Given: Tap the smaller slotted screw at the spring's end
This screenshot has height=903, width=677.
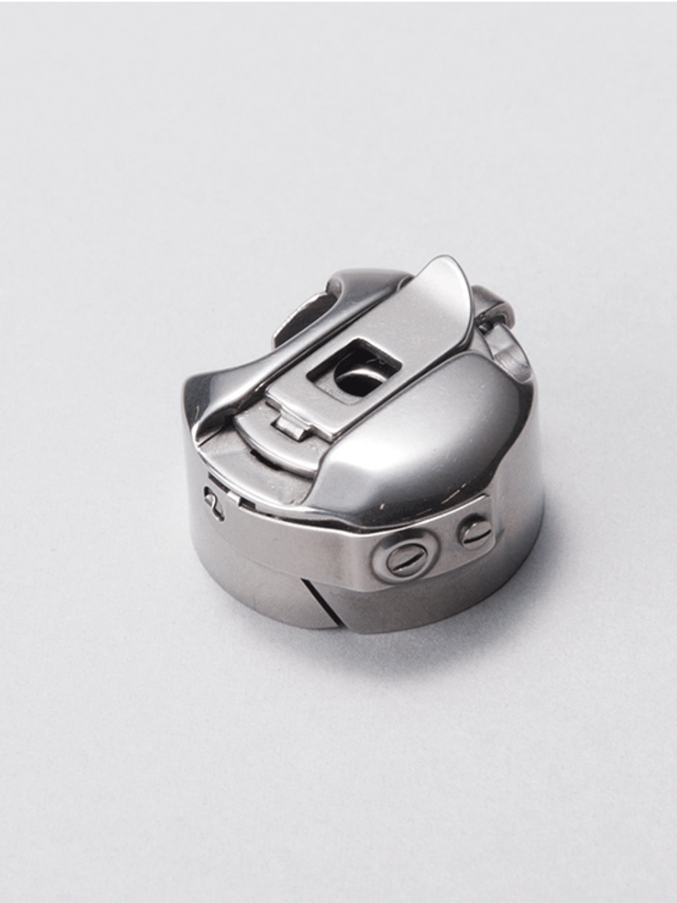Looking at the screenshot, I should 475,531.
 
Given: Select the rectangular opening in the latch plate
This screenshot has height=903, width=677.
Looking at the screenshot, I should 355,370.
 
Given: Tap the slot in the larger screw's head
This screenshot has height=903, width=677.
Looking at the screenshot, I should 403,560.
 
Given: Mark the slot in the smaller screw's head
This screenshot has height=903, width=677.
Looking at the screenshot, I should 475,531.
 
